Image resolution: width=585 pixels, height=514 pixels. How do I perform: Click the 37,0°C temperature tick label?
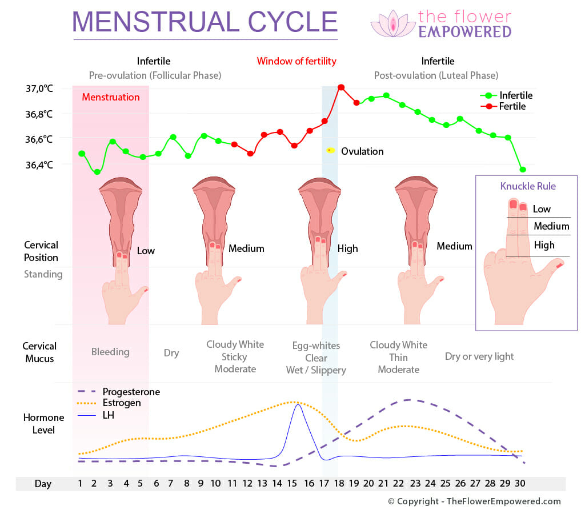pos(39,89)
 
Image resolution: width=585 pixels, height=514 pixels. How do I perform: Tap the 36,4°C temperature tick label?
pos(39,165)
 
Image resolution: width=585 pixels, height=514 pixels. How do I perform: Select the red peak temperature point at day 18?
pos(341,87)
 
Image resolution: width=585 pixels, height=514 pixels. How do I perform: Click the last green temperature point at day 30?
pos(523,170)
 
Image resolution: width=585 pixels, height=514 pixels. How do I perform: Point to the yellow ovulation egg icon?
pos(330,150)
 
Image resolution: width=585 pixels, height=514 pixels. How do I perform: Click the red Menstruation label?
pos(110,97)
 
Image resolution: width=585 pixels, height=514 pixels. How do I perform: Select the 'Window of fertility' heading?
pos(296,61)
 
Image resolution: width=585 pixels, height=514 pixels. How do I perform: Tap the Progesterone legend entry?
pos(131,392)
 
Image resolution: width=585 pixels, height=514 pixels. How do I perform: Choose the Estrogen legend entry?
pos(122,403)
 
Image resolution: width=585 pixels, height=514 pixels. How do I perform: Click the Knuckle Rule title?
pos(528,186)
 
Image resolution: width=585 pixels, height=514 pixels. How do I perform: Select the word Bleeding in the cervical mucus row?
pos(110,352)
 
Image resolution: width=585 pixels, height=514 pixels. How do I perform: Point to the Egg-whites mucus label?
pos(316,346)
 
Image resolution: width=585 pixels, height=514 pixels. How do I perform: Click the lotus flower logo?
pos(393,24)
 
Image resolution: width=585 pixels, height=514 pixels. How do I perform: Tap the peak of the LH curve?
pos(297,405)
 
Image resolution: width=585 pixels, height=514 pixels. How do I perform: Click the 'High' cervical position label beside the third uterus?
pos(347,248)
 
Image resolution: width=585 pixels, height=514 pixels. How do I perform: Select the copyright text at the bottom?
pos(474,501)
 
